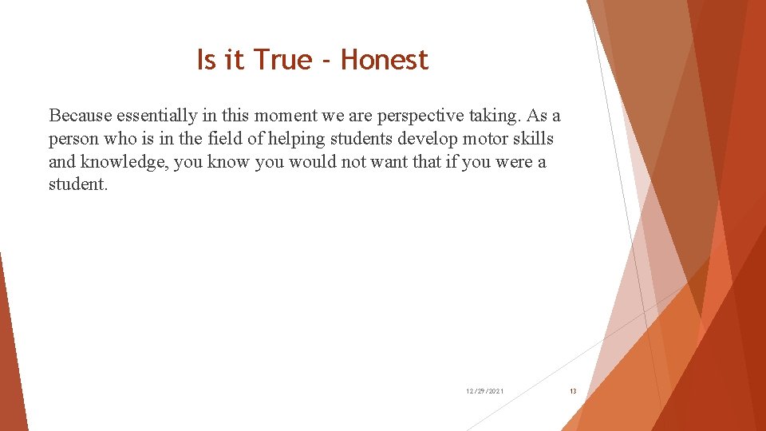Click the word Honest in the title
coord(385,60)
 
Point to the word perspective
coord(421,116)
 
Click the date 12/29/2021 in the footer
coord(484,391)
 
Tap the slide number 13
coord(572,391)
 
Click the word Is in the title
coord(207,60)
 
